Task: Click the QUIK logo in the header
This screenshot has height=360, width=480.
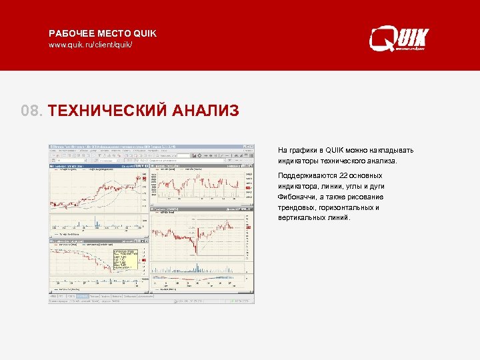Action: pos(399,38)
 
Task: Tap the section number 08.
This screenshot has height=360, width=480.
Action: pos(31,110)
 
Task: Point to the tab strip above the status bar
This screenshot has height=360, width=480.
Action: pos(100,296)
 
